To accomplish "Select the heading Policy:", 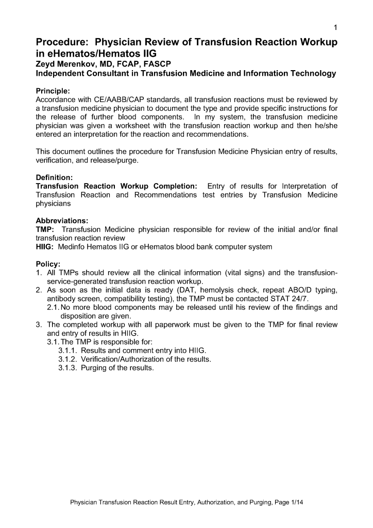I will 48,264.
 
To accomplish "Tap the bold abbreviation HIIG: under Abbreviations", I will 45,247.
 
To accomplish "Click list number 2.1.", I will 53,308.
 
